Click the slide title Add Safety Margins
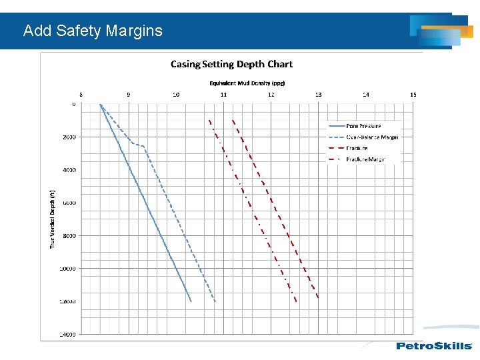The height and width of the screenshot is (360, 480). [x=93, y=31]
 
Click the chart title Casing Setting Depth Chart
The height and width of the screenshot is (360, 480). [x=231, y=64]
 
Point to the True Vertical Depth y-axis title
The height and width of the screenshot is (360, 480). [x=53, y=218]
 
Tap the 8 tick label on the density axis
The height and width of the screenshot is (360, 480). [x=81, y=95]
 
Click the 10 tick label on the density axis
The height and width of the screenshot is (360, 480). [x=176, y=95]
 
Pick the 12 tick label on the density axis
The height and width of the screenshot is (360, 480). [x=271, y=95]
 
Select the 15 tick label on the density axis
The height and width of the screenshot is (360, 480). [x=413, y=95]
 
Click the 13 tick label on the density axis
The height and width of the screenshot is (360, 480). [x=318, y=95]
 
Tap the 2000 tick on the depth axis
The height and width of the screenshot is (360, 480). [x=69, y=137]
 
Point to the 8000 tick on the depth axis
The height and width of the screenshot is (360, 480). [x=69, y=236]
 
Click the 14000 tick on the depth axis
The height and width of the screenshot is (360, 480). [x=68, y=334]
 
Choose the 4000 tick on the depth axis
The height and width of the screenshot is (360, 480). [x=69, y=170]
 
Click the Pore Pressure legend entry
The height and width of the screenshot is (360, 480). [x=363, y=126]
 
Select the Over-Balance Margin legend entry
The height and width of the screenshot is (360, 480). [x=371, y=137]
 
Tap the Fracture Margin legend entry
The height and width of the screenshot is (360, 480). [x=365, y=159]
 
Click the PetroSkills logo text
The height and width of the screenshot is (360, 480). [x=434, y=346]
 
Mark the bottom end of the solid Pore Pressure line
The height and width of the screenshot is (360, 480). [x=191, y=301]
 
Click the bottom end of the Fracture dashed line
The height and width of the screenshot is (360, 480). [x=319, y=297]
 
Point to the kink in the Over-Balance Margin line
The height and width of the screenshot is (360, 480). [x=142, y=145]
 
